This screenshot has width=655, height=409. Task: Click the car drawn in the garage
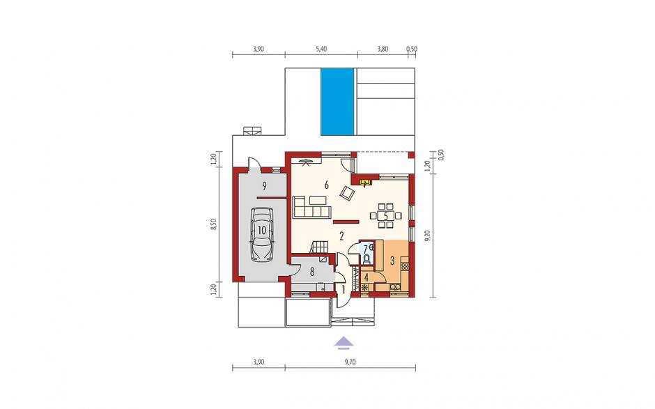pyautogui.click(x=261, y=235)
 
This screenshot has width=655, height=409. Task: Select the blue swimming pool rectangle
pyautogui.click(x=337, y=102)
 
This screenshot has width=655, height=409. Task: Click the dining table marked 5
pyautogui.click(x=385, y=216)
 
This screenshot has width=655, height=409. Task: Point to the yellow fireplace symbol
pyautogui.click(x=366, y=183)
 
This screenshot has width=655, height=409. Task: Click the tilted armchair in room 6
pyautogui.click(x=347, y=193)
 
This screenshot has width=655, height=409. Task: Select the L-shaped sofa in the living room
pyautogui.click(x=311, y=206)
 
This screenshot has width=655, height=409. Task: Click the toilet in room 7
pyautogui.click(x=366, y=259)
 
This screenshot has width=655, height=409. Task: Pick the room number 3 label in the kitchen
pyautogui.click(x=392, y=261)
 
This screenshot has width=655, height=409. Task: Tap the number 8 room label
pyautogui.click(x=311, y=272)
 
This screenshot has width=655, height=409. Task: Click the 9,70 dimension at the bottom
pyautogui.click(x=350, y=362)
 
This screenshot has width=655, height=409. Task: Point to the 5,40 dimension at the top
pyautogui.click(x=321, y=49)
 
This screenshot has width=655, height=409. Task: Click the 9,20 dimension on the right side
pyautogui.click(x=427, y=236)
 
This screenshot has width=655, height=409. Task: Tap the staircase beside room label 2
pyautogui.click(x=319, y=247)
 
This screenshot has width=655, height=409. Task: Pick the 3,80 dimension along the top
pyautogui.click(x=383, y=49)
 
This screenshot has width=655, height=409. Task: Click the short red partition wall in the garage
pyautogui.click(x=271, y=197)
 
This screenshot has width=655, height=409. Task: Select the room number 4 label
pyautogui.click(x=367, y=277)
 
